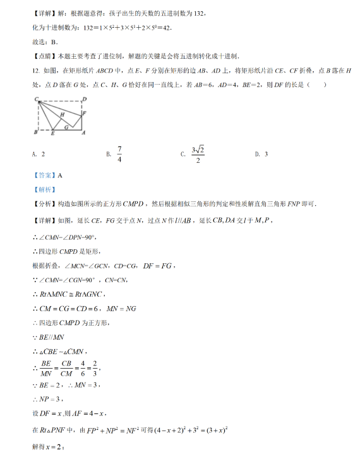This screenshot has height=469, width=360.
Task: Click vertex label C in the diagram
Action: coord(37,99)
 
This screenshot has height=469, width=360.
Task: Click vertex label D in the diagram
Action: coord(85,99)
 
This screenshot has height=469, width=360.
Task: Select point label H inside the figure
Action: coord(62,114)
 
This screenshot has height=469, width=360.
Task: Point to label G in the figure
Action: coord(66,126)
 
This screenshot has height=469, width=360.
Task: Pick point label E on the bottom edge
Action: coord(52,134)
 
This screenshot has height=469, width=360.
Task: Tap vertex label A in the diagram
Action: coord(85,133)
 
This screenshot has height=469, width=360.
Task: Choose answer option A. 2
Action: coord(39,154)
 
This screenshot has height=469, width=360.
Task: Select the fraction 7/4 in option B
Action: coord(119,154)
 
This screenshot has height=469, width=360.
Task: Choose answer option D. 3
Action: coord(261,154)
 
